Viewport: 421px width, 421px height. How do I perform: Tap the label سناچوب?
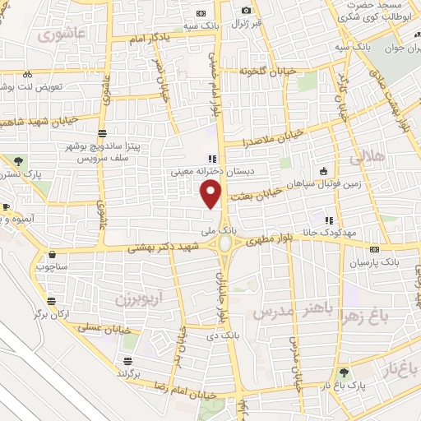tap(53, 267)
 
